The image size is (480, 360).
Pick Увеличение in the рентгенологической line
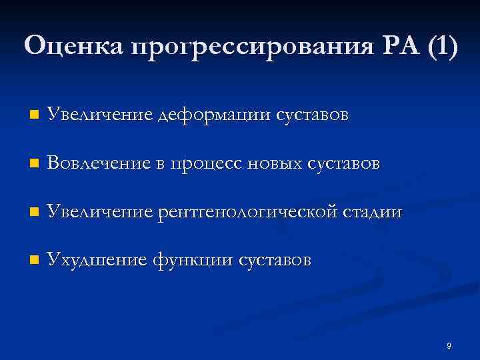99,213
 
